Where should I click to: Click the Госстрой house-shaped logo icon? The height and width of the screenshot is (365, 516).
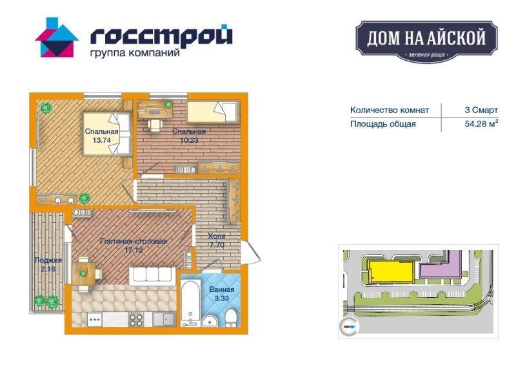(x=57, y=37)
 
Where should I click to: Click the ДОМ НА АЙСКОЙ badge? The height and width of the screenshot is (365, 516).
(x=426, y=41)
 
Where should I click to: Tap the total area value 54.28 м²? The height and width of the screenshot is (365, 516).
(x=481, y=123)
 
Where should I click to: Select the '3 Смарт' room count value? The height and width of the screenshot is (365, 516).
(x=481, y=110)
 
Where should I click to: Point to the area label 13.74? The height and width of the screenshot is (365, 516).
(x=101, y=140)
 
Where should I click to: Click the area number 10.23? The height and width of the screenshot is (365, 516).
(x=189, y=140)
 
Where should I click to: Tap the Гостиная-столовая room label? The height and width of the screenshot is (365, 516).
(x=134, y=241)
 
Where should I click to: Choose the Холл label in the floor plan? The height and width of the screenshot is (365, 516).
(x=217, y=236)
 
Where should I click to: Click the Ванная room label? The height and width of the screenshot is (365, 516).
(x=222, y=289)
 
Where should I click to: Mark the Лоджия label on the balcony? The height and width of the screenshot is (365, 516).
(x=48, y=260)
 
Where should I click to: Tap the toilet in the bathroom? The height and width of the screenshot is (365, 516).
(x=232, y=318)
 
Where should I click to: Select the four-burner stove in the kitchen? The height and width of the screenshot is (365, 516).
(x=135, y=319)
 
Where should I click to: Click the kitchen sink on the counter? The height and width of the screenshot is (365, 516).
(x=164, y=319)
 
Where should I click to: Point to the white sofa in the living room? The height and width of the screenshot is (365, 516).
(x=152, y=276)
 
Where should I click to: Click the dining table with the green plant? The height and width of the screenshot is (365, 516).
(x=83, y=273)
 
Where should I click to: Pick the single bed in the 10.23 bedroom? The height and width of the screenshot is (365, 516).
(x=212, y=112)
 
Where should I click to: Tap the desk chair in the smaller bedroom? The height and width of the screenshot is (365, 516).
(x=155, y=125)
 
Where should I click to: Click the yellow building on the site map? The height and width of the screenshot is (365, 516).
(x=391, y=272)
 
